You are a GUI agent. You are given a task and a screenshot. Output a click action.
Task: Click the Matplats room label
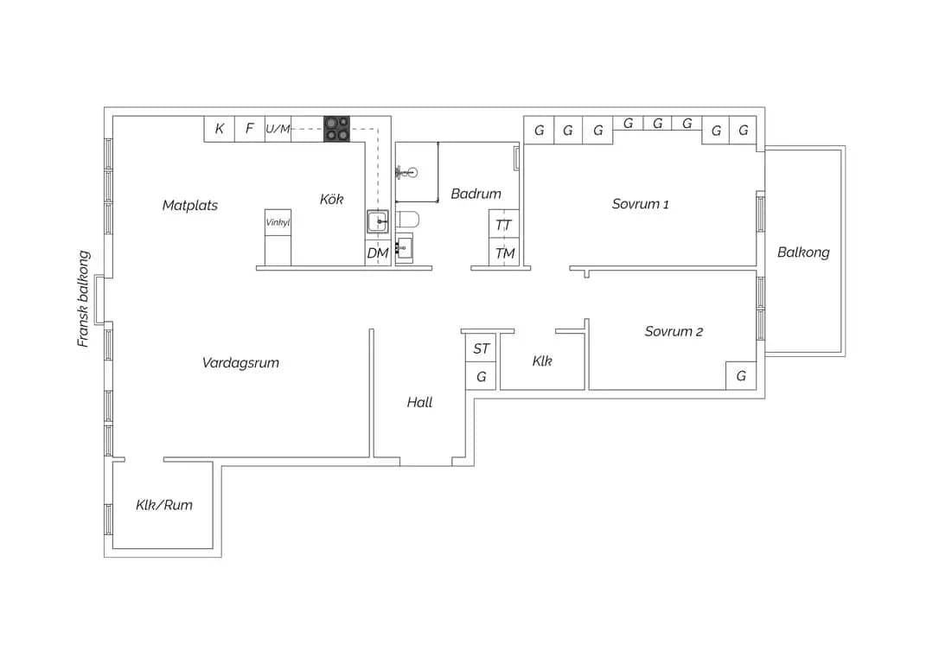click(x=190, y=206)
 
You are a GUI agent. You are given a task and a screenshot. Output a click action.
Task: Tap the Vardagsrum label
click(x=240, y=363)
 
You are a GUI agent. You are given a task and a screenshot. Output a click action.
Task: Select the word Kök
click(x=331, y=199)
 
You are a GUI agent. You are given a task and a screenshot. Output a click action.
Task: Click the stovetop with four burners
click(x=336, y=129)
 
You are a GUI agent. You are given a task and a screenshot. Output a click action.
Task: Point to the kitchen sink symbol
click(x=377, y=221)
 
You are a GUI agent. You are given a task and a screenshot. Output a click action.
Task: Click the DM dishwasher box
click(x=377, y=252)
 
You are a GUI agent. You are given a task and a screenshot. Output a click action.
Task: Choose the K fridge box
click(x=219, y=129)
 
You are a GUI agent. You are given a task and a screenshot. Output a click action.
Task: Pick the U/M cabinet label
click(x=278, y=129)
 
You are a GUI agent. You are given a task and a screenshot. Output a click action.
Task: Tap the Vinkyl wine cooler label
click(x=278, y=222)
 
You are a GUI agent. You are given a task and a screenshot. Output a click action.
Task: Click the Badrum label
click(x=476, y=194)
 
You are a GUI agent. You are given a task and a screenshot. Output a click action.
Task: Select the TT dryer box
click(x=503, y=225)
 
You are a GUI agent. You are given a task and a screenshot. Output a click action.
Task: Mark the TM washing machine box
click(x=503, y=252)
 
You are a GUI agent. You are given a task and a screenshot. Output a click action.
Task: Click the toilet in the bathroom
click(x=407, y=220)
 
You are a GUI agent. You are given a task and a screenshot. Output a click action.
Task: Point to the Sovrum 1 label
click(x=640, y=204)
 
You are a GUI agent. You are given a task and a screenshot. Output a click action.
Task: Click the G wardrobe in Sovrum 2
click(x=741, y=375)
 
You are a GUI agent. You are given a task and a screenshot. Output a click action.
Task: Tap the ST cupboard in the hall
click(x=481, y=348)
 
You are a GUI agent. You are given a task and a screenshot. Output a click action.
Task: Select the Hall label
click(x=419, y=402)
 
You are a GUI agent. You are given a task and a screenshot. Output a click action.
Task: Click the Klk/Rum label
click(x=164, y=505)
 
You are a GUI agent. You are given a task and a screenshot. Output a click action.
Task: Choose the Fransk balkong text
click(x=83, y=299)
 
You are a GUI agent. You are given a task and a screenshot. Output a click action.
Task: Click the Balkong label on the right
click(x=803, y=252)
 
